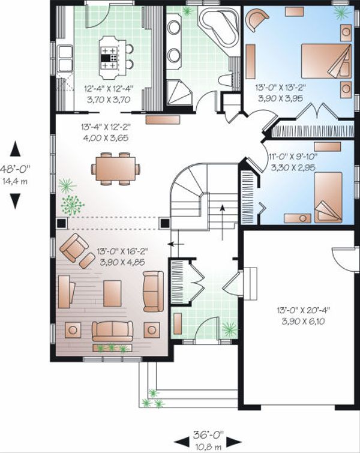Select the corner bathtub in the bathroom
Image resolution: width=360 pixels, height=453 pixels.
(218, 27)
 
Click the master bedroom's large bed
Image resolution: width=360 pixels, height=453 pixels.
(326, 60)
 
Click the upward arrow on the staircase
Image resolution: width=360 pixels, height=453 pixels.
(222, 215)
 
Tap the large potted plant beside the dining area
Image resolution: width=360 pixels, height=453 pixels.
(72, 203)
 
